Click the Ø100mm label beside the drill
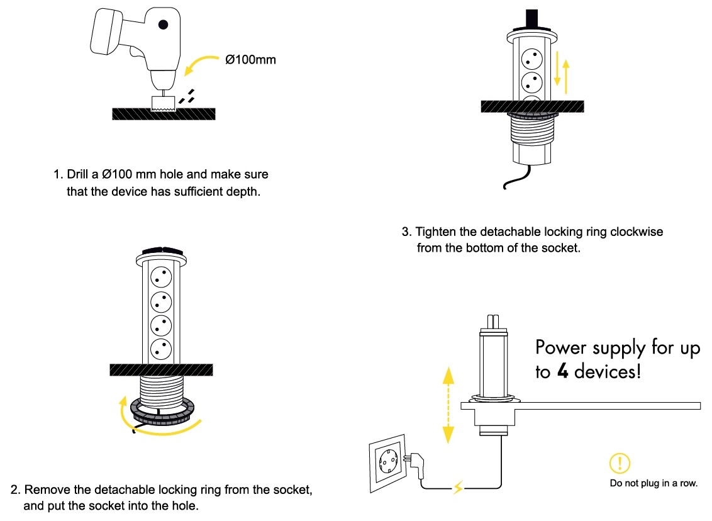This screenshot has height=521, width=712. tap(250, 60)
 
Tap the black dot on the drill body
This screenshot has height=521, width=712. tap(164, 25)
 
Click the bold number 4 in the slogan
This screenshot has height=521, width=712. tap(563, 372)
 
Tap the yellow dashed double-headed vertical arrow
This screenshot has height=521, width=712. tap(448, 404)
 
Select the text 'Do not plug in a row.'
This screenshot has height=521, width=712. tap(654, 483)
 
